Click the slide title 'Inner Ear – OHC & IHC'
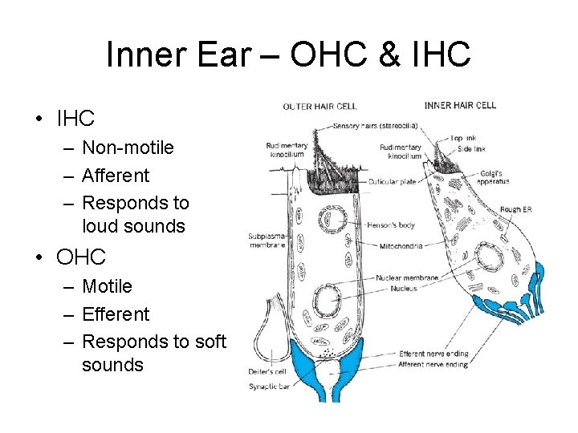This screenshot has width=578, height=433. pos(288,55)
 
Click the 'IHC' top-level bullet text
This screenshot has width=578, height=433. pos(75,119)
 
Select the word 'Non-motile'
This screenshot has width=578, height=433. pos(128,148)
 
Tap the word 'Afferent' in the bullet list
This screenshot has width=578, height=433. pos(116,175)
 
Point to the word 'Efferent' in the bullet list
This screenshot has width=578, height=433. pos(116,314)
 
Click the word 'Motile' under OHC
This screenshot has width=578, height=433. pos(107,286)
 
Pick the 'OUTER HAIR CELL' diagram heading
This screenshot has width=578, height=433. pos(320,106)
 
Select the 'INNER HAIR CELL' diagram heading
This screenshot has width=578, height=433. pos(460,105)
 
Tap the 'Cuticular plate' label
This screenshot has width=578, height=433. pos(393,182)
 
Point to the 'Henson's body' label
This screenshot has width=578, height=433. pos(390,225)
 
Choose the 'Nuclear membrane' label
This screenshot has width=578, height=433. pos(406,278)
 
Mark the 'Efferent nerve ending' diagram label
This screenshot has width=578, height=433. pos(433,354)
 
